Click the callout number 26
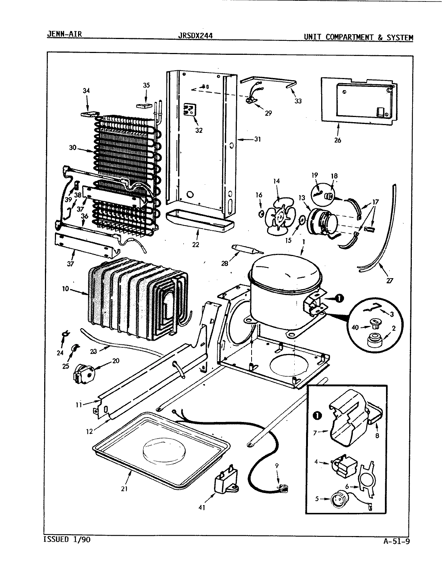point(337,140)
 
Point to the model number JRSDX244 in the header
point(195,36)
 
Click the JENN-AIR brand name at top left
point(64,35)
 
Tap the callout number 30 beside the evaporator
point(73,148)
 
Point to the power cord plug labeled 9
point(283,488)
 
